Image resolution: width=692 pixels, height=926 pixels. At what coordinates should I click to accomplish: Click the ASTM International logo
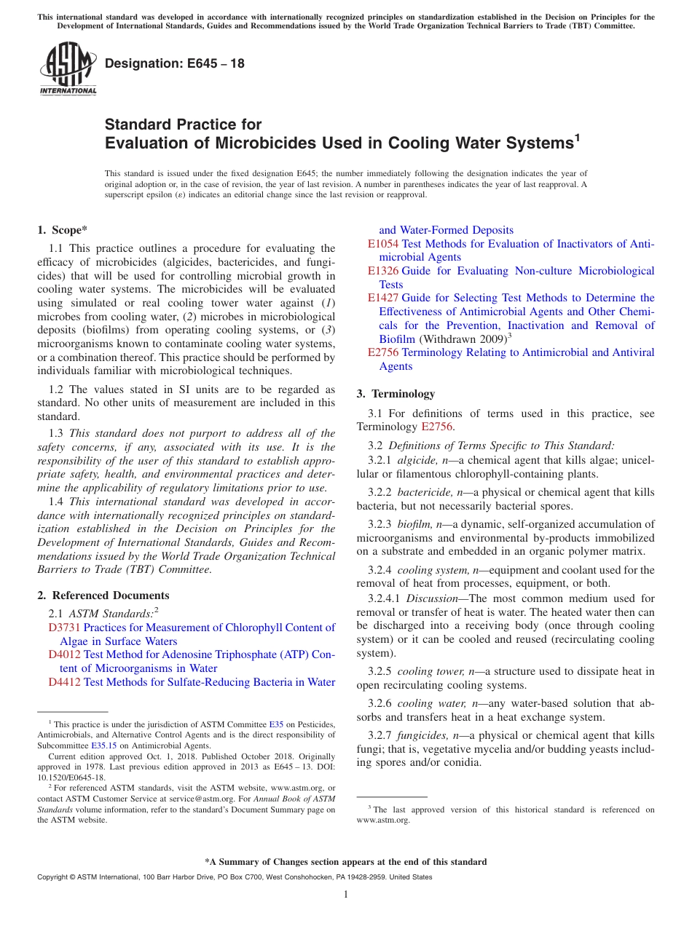click(67, 70)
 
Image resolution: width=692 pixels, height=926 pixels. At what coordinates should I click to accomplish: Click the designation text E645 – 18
click(175, 64)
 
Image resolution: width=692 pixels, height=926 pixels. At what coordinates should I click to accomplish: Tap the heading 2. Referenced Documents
click(103, 595)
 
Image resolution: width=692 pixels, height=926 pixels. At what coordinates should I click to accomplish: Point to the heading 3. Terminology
click(396, 394)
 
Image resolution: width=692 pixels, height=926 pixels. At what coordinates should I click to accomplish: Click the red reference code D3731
click(64, 628)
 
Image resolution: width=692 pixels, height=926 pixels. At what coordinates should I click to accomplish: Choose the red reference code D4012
click(64, 654)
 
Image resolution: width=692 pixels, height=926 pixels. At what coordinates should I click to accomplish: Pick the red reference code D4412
click(64, 682)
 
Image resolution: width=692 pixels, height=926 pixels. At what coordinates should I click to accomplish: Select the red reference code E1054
click(383, 244)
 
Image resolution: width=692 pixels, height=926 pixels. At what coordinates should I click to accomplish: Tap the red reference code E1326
click(383, 271)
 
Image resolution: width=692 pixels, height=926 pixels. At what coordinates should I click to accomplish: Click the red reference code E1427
click(383, 298)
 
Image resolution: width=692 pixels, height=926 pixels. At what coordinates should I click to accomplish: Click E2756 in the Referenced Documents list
click(383, 352)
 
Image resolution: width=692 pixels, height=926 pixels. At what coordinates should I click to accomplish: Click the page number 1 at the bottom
click(346, 895)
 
